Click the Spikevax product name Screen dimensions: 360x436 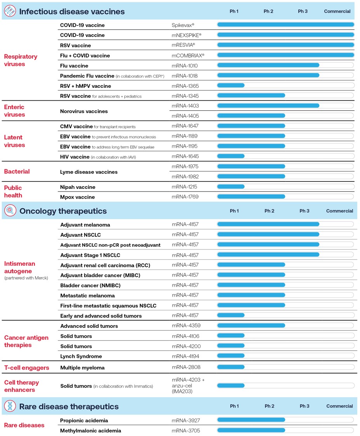pyautogui.click(x=183, y=25)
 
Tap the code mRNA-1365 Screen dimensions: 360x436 pyautogui.click(x=185, y=86)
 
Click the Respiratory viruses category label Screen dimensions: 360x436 pyautogui.click(x=21, y=60)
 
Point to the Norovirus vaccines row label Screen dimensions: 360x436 pyautogui.click(x=83, y=111)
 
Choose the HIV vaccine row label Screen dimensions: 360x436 pyautogui.click(x=75, y=157)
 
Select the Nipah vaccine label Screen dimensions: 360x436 pyautogui.click(x=78, y=187)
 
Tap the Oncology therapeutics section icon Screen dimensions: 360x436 pyautogui.click(x=10, y=211)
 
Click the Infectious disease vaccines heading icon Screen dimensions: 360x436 pyautogui.click(x=10, y=11)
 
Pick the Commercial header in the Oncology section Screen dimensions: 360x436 pyautogui.click(x=339, y=211)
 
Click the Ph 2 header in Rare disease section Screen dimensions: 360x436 pyautogui.click(x=269, y=406)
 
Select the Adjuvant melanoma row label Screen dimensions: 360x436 pyautogui.click(x=85, y=225)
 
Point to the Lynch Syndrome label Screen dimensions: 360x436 pyautogui.click(x=81, y=356)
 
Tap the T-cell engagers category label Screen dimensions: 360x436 pyautogui.click(x=27, y=368)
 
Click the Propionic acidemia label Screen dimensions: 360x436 pyautogui.click(x=84, y=420)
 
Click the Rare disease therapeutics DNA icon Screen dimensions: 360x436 pyautogui.click(x=10, y=406)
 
